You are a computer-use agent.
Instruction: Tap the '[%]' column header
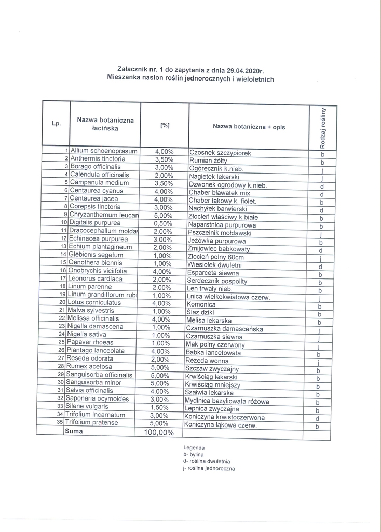pyautogui.click(x=165, y=125)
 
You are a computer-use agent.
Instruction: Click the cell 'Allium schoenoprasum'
pyautogui.click(x=104, y=151)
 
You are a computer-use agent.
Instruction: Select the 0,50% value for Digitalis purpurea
pyautogui.click(x=164, y=223)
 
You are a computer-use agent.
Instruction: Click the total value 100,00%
pyautogui.click(x=159, y=432)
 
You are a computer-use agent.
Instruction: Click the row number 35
pyautogui.click(x=60, y=423)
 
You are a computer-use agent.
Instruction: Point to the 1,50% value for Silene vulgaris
pyautogui.click(x=164, y=407)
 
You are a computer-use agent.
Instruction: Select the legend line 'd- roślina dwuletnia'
pyautogui.click(x=207, y=461)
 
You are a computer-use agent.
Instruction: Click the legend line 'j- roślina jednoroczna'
pyautogui.click(x=209, y=468)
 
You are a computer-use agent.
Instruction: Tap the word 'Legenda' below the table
pyautogui.click(x=194, y=447)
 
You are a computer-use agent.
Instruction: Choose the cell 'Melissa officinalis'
pyautogui.click(x=94, y=318)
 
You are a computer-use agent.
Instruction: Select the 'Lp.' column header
pyautogui.click(x=57, y=124)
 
